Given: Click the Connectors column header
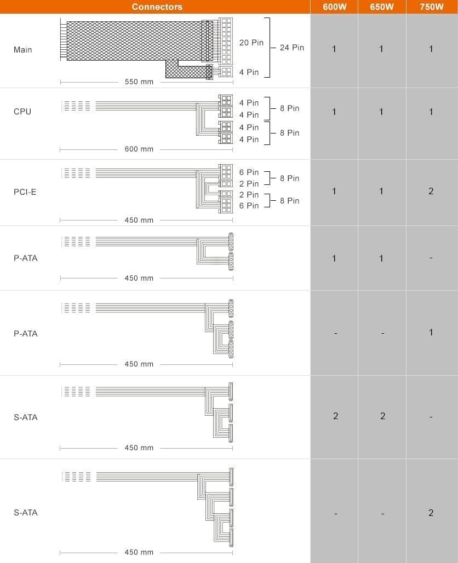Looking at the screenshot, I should coord(157,7).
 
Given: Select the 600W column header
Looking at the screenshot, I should coord(334,7).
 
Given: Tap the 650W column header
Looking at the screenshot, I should coord(382,7).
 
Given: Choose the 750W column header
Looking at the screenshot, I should coord(431,7).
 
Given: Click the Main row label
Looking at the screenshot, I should coord(23,50).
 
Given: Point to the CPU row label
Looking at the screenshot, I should coord(22,112).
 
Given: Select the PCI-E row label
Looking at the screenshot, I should coord(25,192).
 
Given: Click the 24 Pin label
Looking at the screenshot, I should coord(291,48).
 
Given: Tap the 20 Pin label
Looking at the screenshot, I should coord(251,43).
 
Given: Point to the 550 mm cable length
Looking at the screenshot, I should coord(139,82).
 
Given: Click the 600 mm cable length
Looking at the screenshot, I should coord(139,149).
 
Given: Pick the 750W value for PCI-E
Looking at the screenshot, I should coord(431,191).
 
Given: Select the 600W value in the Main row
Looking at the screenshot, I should coord(334,49).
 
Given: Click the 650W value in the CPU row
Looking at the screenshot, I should coord(382,112).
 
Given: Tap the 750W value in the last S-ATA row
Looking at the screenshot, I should coord(431,513).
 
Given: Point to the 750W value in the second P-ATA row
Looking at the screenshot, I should coord(431,332).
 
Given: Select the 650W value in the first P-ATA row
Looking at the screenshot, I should coord(382,258).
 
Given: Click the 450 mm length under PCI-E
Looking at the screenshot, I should coord(139,220).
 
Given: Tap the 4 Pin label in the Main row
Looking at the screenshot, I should coord(249,72).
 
